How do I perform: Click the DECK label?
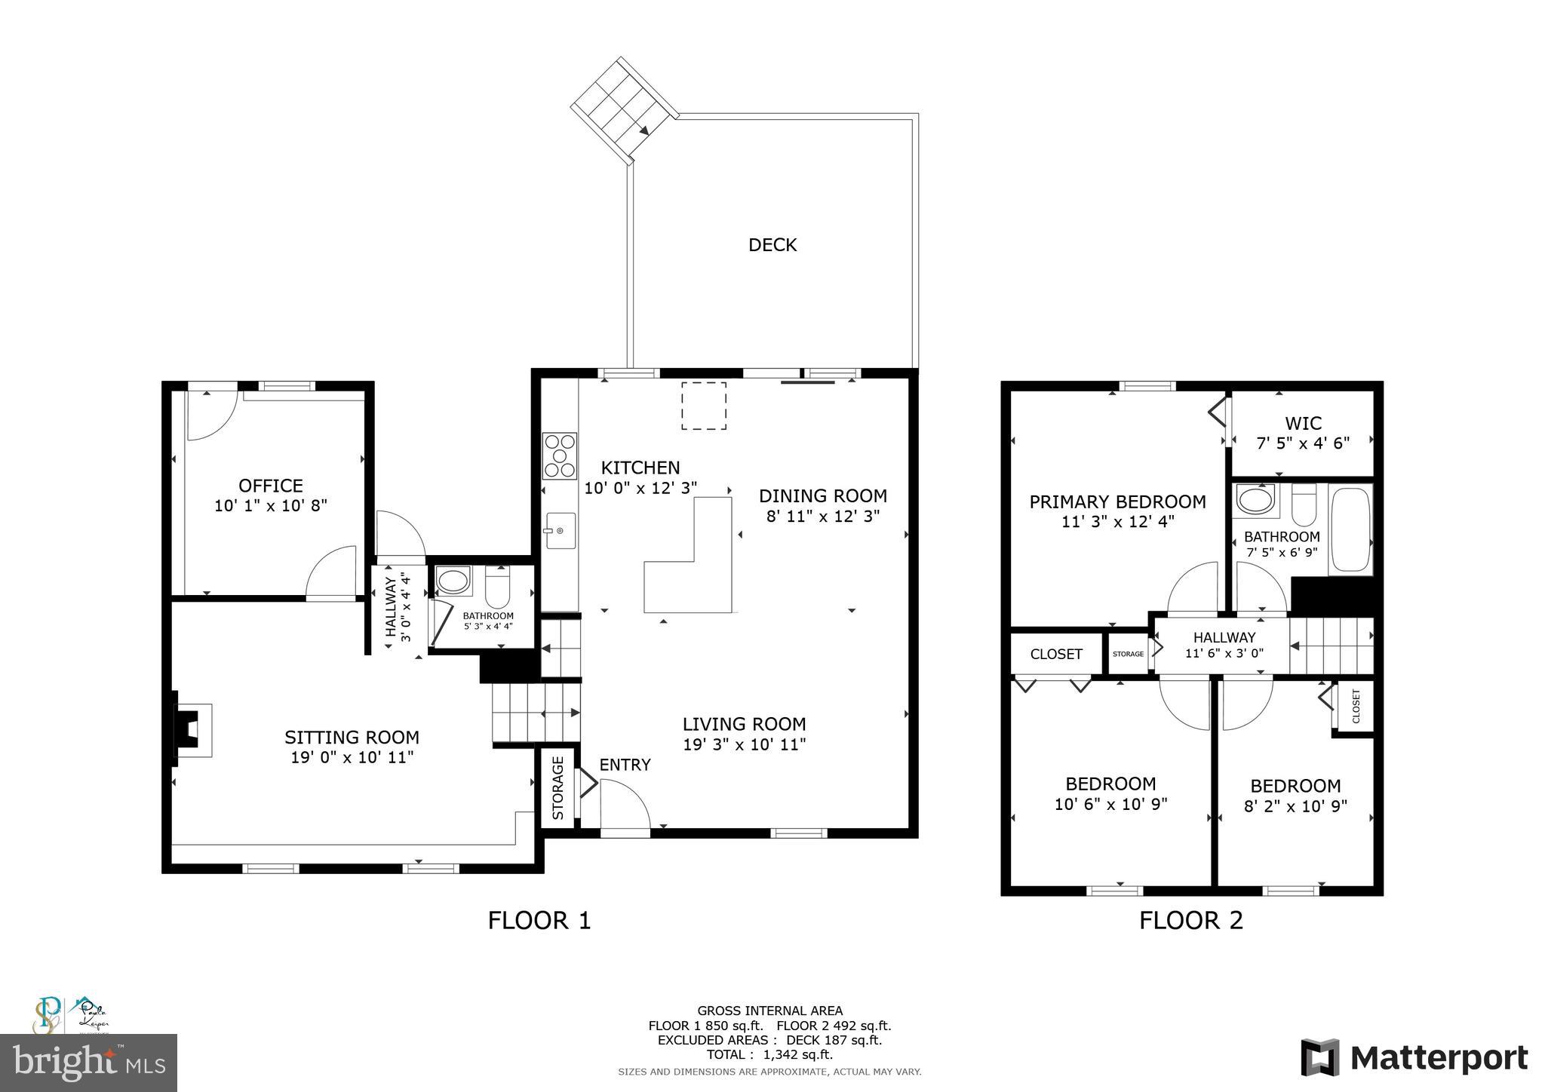pos(772,244)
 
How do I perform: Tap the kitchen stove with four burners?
pos(559,456)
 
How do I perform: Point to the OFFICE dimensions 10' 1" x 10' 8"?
pos(271,506)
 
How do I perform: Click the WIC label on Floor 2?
pos(1303,423)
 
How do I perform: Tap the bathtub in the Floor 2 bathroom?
pos(1350,530)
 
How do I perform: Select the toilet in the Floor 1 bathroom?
pos(498,587)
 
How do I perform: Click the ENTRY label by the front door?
pos(625,765)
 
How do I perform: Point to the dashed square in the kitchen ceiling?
pos(704,406)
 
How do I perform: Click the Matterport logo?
pos(1414,1057)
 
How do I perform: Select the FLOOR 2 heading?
pos(1190,921)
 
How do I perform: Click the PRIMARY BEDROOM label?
pos(1117,502)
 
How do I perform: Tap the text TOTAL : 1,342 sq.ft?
pos(769,1055)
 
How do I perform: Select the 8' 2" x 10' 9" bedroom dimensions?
pos(1295,806)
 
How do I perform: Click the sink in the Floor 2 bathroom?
pos(1255,500)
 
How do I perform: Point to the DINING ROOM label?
pos(822,496)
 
